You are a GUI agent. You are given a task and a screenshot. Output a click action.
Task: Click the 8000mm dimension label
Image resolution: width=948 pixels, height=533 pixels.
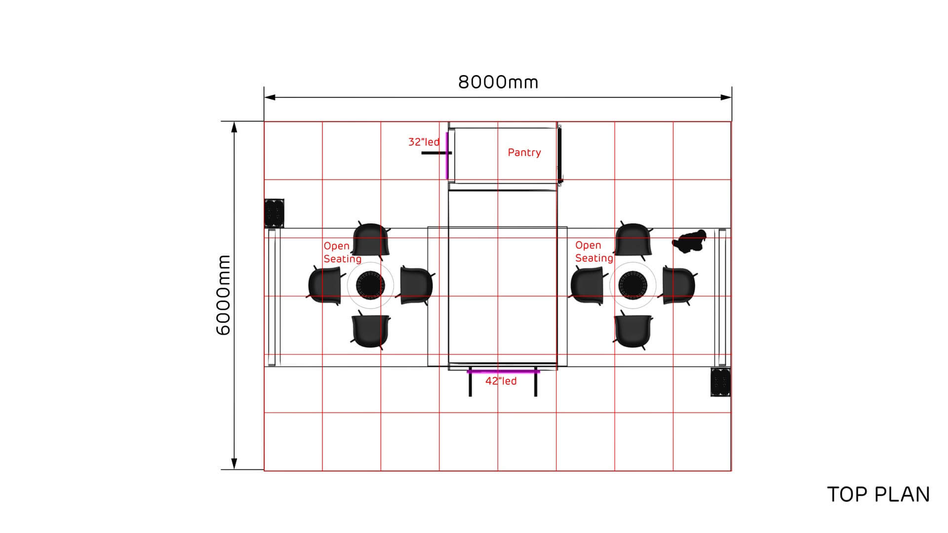pyautogui.click(x=498, y=82)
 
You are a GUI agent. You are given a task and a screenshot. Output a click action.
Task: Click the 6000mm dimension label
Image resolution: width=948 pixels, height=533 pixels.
pyautogui.click(x=224, y=295)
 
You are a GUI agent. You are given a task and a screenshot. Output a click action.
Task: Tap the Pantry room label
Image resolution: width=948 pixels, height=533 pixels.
pyautogui.click(x=524, y=152)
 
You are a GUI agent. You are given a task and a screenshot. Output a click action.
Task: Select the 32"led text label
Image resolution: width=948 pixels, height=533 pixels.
pyautogui.click(x=424, y=142)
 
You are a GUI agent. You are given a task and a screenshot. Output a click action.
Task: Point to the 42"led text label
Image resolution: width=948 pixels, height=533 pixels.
pyautogui.click(x=501, y=381)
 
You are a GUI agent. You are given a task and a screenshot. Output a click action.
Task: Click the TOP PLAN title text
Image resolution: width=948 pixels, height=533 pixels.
pyautogui.click(x=878, y=495)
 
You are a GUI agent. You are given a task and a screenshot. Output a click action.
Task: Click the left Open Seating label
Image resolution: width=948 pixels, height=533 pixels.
pyautogui.click(x=342, y=252)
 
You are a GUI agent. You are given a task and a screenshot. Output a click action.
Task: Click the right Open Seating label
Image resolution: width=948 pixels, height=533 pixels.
pyautogui.click(x=594, y=252)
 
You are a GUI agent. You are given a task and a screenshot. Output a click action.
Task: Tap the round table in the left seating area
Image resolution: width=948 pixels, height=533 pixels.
pyautogui.click(x=370, y=285)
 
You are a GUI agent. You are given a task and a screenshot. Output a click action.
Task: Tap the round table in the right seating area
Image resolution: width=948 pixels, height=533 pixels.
pyautogui.click(x=632, y=285)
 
